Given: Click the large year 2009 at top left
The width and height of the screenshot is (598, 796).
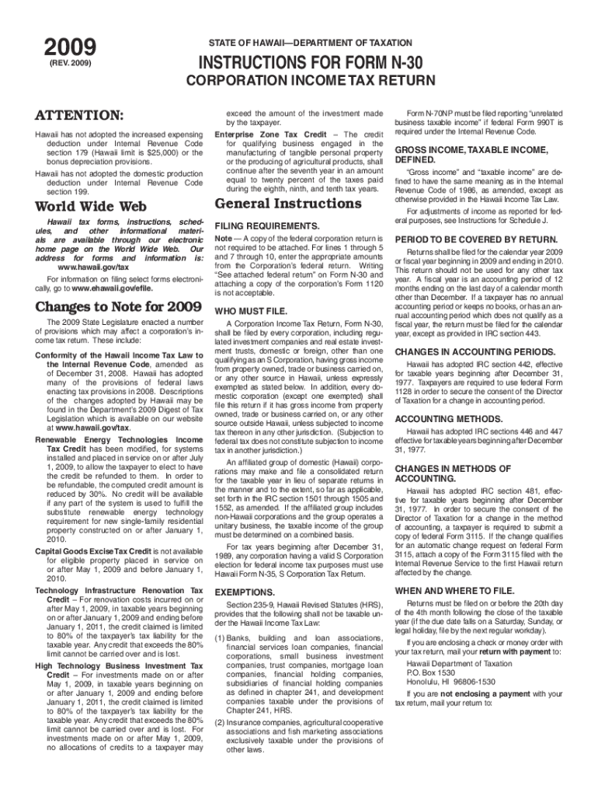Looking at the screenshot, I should [x=70, y=46].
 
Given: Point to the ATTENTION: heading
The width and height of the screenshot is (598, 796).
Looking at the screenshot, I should [x=78, y=116].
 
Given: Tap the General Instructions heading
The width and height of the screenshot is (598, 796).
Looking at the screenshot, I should [x=287, y=204].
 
